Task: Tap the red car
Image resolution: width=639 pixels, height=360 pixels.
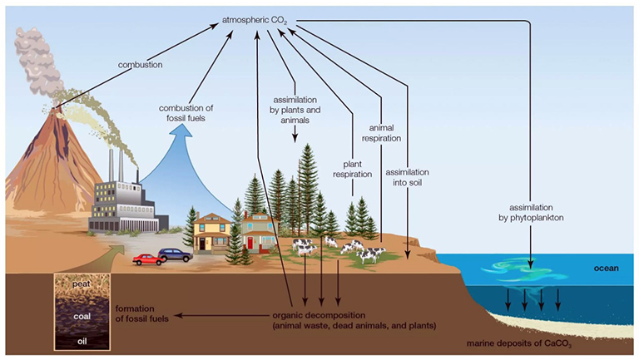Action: (148, 259)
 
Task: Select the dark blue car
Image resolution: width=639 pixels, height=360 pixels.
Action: (176, 254)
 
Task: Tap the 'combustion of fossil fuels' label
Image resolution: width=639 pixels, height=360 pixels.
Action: (186, 113)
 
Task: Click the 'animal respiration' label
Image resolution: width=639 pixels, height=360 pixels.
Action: (384, 134)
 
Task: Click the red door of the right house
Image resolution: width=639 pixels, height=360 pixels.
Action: (250, 242)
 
